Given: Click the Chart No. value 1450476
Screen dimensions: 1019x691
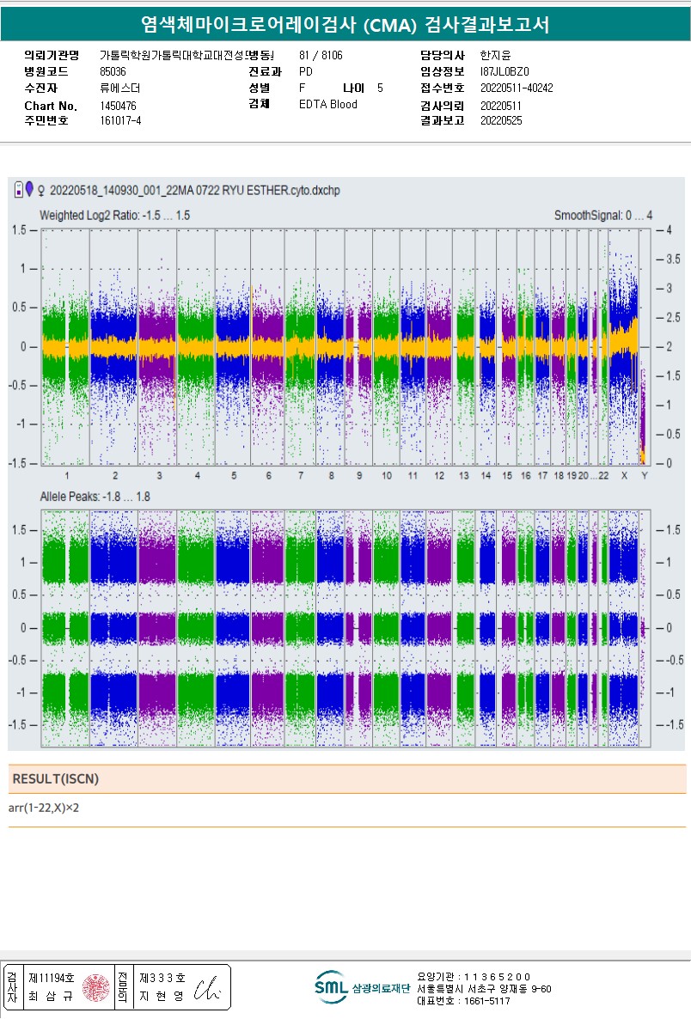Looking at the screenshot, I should coord(118,106).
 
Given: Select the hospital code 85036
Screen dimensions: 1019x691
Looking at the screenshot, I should coord(113,72).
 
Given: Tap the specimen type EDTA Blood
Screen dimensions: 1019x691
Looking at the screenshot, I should coord(328,105).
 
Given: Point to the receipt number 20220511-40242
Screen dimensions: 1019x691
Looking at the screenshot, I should coord(516,88).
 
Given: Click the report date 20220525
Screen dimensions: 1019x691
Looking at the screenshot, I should coord(500,121).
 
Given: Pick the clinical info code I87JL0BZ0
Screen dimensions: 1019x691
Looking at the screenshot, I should coord(504,72).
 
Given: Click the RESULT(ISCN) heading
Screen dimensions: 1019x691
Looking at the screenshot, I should coord(55,779).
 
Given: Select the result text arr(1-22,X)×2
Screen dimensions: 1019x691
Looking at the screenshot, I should coord(49,808).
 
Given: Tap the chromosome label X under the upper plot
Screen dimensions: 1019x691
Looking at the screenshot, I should coord(625,475).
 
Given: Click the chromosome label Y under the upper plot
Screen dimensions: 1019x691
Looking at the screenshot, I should coord(644,475).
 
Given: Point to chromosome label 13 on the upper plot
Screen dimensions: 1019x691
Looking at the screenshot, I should coord(464,475).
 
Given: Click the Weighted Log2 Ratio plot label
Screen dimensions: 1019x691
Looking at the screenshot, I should coord(114,215).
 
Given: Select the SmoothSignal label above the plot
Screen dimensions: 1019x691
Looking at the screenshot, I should coord(602,215).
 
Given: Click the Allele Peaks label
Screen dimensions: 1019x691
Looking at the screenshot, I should coord(95,497).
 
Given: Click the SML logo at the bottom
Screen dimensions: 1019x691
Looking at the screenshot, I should coord(330,987).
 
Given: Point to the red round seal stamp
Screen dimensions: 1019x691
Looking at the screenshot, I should coord(96,988).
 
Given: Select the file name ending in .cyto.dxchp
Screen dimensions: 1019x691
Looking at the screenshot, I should coord(194,190).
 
